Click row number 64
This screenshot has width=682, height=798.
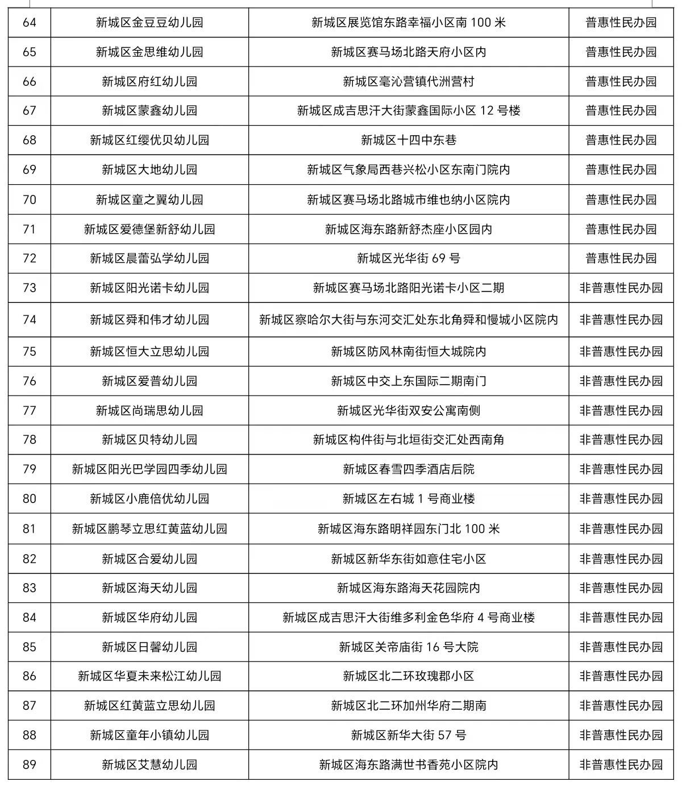coord(29,23)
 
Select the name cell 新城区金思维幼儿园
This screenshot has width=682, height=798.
coord(149,52)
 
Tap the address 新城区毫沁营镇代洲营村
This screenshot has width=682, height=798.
coord(408,82)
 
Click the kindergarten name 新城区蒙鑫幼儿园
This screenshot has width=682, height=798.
coord(149,111)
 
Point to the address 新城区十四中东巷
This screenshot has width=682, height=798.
coord(408,140)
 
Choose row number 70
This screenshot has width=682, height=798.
coord(29,199)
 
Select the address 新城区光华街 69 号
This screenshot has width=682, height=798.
coord(408,259)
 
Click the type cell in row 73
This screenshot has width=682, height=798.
coord(621,288)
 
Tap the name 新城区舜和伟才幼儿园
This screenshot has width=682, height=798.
coord(149,320)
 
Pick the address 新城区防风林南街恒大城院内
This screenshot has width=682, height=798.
coord(408,352)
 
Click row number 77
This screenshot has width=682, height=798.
coord(29,410)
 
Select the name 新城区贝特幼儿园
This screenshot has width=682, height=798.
coord(149,440)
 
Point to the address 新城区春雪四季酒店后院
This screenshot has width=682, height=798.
coord(408,469)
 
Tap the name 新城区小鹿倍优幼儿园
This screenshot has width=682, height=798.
coord(149,499)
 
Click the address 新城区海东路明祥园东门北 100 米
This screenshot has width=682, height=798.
coord(408,529)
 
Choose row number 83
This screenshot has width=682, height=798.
coord(29,588)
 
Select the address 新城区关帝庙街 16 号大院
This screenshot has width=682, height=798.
coord(408,647)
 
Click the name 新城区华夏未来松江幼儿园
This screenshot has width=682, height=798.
coord(149,676)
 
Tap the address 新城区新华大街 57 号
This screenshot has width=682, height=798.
coord(408,735)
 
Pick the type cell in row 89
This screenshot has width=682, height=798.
coord(621,765)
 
